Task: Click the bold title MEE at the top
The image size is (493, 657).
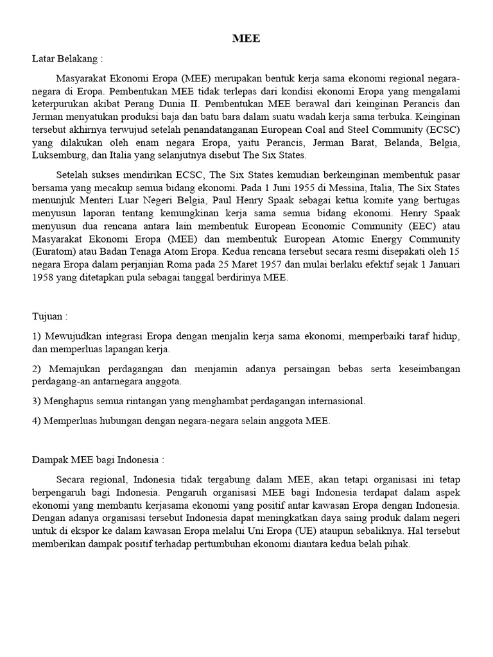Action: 246,38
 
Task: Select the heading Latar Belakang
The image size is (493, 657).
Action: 67,59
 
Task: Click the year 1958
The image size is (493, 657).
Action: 44,277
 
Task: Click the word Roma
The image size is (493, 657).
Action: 198,264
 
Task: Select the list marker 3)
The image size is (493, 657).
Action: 37,401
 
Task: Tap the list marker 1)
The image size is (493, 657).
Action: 37,337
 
